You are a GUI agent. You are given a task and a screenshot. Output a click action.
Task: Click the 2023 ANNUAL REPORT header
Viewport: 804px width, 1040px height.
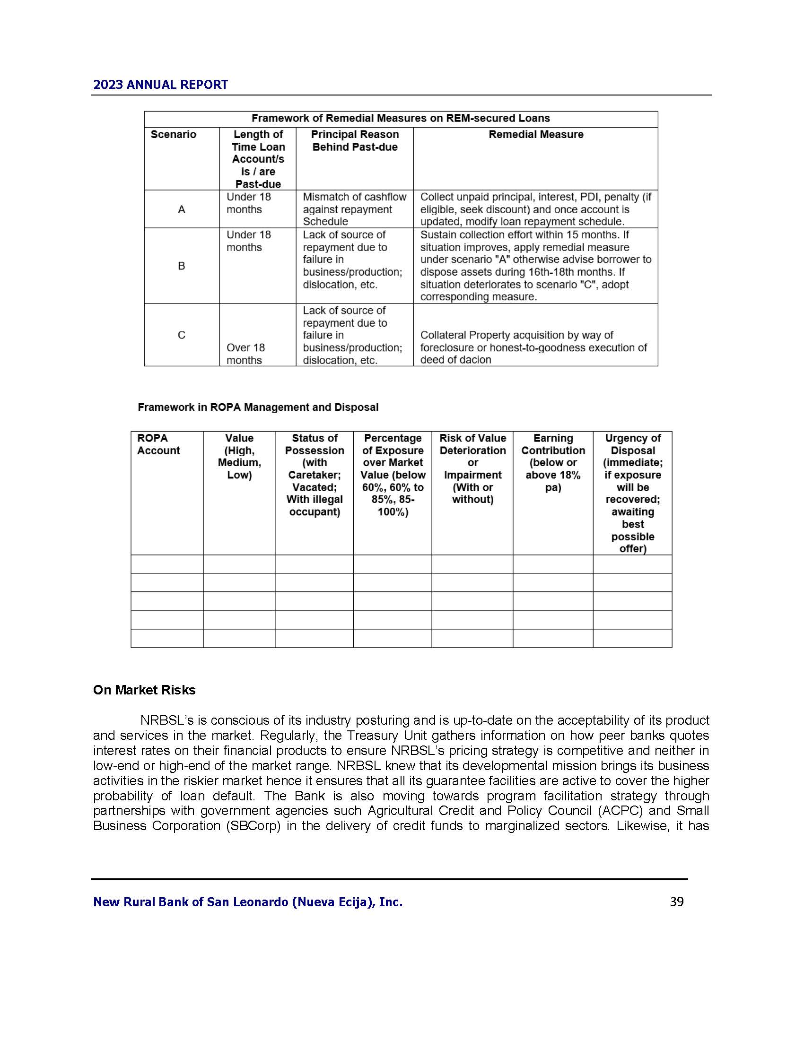pos(160,85)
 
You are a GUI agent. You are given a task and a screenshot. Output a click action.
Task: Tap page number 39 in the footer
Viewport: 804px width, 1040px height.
pos(676,901)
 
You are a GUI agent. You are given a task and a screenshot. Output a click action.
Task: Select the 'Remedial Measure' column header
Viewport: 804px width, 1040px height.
pos(536,135)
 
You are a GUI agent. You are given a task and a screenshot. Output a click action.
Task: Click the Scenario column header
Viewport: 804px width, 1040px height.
pos(174,135)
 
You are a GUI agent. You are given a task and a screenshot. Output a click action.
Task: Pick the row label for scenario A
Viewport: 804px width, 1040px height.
pos(182,209)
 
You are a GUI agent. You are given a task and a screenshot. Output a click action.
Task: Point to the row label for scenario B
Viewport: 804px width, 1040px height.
pos(182,266)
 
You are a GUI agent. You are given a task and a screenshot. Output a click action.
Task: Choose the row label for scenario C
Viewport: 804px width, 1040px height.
pos(182,335)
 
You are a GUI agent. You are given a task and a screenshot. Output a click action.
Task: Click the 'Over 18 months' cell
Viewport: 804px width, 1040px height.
pos(246,354)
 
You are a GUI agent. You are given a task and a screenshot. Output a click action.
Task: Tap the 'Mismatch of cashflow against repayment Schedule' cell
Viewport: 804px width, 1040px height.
pos(354,209)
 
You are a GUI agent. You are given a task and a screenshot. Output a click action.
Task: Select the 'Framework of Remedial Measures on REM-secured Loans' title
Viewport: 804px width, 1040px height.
pos(401,119)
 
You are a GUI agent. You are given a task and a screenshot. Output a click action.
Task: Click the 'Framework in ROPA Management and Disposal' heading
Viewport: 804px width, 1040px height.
pos(258,407)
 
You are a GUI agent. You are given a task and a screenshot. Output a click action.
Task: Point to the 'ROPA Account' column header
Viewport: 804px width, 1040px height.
pos(158,444)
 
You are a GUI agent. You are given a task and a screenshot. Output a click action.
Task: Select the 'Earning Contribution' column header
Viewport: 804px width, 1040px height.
pos(553,462)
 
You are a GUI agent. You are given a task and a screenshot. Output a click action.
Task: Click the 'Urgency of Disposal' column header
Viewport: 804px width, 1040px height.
pos(632,493)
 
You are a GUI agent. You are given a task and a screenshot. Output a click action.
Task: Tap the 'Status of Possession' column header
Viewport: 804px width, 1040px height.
pos(315,475)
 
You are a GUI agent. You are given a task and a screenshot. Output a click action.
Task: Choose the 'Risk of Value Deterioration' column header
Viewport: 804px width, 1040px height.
pos(472,468)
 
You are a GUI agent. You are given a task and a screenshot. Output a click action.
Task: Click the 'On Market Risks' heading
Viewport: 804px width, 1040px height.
pos(144,690)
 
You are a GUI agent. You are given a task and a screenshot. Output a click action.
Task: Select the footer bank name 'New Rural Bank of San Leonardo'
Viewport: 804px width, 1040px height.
pos(248,902)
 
